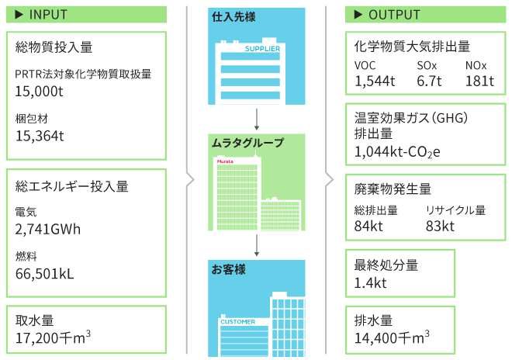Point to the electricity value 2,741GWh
point(48,229)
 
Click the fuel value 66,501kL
point(46,273)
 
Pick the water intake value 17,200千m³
point(54,337)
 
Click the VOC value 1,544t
point(375,81)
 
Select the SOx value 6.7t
point(429,81)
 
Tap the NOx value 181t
point(480,81)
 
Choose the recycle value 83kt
point(440,226)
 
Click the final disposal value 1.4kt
point(371,283)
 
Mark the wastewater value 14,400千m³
point(392,337)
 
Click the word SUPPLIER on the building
point(261,48)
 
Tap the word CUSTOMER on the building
point(238,321)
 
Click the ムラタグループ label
point(247,143)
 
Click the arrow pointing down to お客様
point(256,245)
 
